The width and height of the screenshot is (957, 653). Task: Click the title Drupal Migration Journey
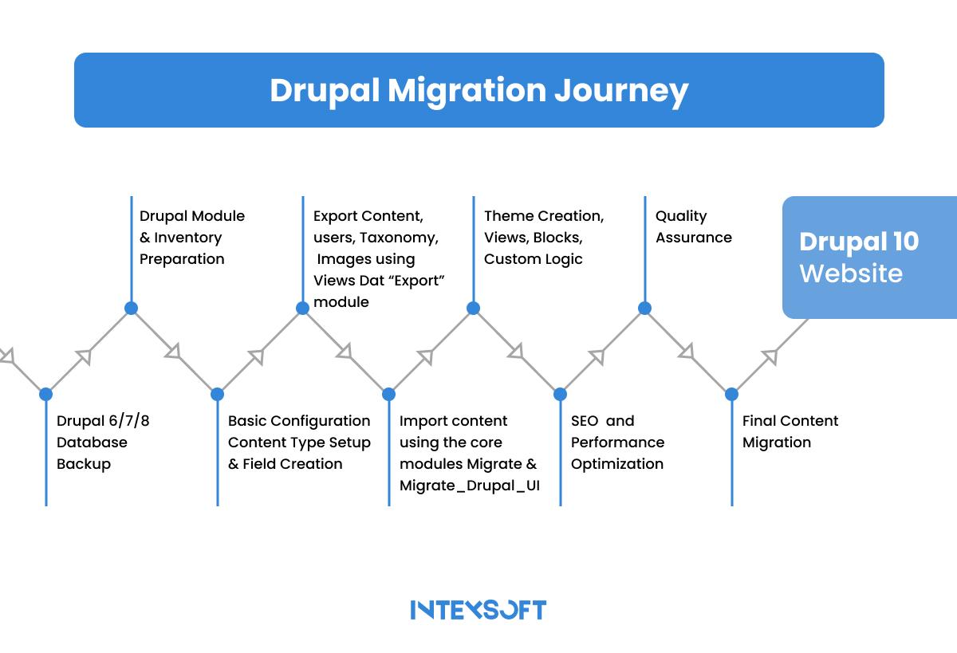(x=478, y=90)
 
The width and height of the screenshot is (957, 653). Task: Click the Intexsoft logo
(x=478, y=610)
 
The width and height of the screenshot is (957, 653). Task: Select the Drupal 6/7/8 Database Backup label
(x=103, y=443)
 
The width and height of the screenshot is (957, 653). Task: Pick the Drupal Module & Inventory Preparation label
(x=192, y=238)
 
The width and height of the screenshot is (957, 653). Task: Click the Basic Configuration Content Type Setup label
(x=299, y=443)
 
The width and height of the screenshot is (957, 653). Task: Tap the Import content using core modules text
(x=468, y=453)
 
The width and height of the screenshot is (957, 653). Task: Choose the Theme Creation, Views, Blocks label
(x=544, y=238)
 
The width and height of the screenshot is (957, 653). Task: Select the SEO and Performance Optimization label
(x=617, y=443)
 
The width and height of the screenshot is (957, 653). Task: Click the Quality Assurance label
(x=693, y=226)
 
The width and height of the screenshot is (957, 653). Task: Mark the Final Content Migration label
(x=790, y=431)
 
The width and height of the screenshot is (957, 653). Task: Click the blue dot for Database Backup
(x=45, y=394)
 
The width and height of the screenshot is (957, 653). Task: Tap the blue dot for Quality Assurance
(x=644, y=309)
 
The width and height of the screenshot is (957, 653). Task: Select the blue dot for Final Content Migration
(x=731, y=394)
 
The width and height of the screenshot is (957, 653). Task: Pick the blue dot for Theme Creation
(x=473, y=309)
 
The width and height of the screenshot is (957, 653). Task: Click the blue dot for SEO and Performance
(x=560, y=394)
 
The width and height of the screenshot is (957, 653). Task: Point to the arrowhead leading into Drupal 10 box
(x=770, y=356)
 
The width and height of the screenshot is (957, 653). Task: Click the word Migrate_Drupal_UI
(x=469, y=486)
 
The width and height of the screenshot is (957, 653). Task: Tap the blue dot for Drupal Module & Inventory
(x=131, y=309)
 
